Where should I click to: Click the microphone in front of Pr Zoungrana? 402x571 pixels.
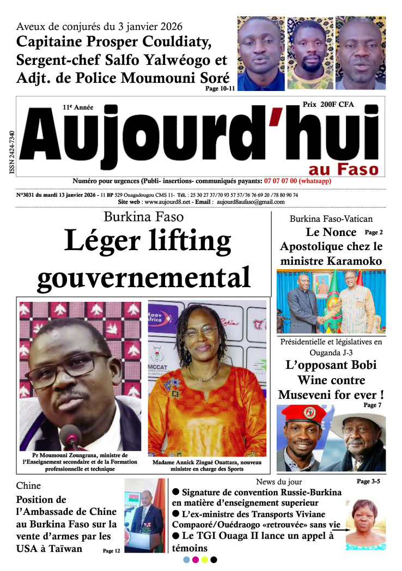coord(71,436)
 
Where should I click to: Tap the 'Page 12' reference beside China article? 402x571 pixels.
coord(112,551)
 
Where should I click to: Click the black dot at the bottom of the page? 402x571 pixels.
coord(214,560)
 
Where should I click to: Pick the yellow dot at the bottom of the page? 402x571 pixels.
coord(204,560)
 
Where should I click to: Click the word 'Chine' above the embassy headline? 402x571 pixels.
coord(28,485)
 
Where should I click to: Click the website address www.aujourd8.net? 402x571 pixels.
coord(168,202)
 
